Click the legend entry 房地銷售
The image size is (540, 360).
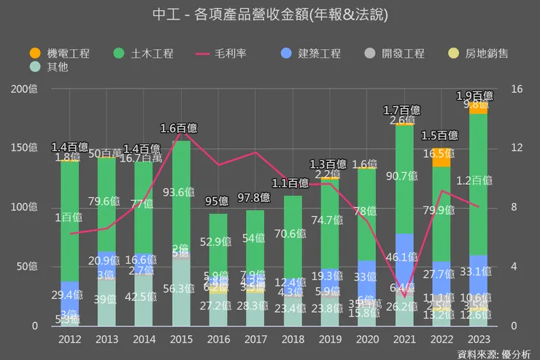pos(478,53)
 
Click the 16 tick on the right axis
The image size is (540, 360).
pos(517,89)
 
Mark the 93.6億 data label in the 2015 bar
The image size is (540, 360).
pos(181,192)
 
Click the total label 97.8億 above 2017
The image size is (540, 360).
pos(255,198)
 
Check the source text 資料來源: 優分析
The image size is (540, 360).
pos(493,353)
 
